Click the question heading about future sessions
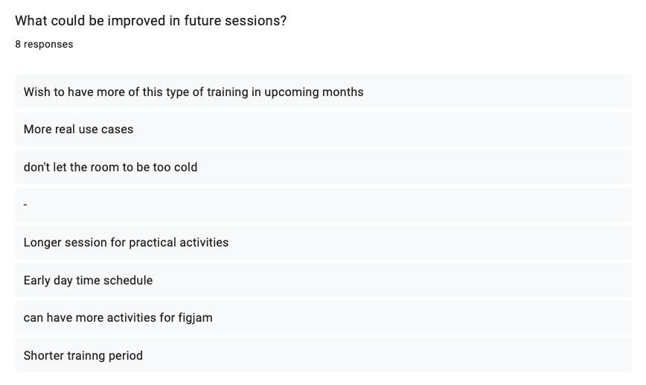[x=151, y=21]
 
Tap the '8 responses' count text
[x=44, y=45]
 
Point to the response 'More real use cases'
[x=78, y=130]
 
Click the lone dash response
[x=25, y=205]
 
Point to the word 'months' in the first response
[x=343, y=92]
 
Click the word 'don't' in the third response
[x=34, y=168]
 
